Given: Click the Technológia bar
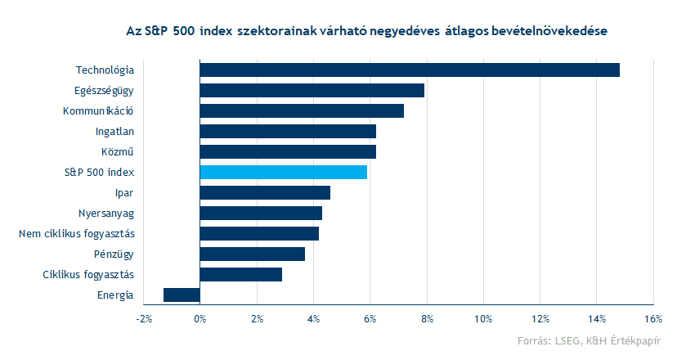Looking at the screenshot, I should (409, 70).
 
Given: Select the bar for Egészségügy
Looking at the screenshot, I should (312, 90).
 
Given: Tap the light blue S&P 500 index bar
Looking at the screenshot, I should (283, 172).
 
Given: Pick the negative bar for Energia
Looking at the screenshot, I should (182, 295).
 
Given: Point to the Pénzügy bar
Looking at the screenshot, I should (252, 254).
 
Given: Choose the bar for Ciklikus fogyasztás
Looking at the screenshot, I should (240, 274).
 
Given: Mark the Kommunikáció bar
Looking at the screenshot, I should (302, 110).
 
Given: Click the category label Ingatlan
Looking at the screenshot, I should (114, 131).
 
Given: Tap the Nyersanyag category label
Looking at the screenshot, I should (106, 213).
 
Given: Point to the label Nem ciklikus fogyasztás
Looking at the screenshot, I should (77, 233).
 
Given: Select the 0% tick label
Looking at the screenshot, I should (200, 318).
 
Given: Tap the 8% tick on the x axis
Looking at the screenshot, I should (426, 318).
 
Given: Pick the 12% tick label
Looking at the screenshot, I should (539, 318).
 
